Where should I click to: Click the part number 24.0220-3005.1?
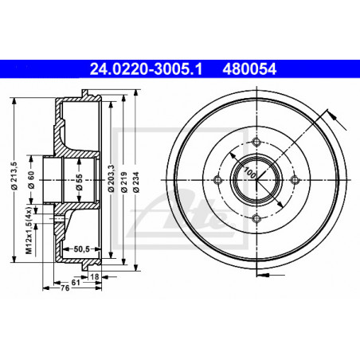click(146, 69)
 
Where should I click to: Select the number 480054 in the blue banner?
click(249, 69)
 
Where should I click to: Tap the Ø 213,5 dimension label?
click(14, 176)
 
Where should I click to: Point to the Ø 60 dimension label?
click(31, 180)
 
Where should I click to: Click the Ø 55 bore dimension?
click(79, 182)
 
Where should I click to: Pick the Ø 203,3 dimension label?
click(112, 178)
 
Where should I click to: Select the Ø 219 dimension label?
click(123, 182)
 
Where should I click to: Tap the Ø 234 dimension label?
click(136, 182)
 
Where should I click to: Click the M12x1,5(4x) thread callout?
click(29, 230)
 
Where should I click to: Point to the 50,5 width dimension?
click(81, 249)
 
